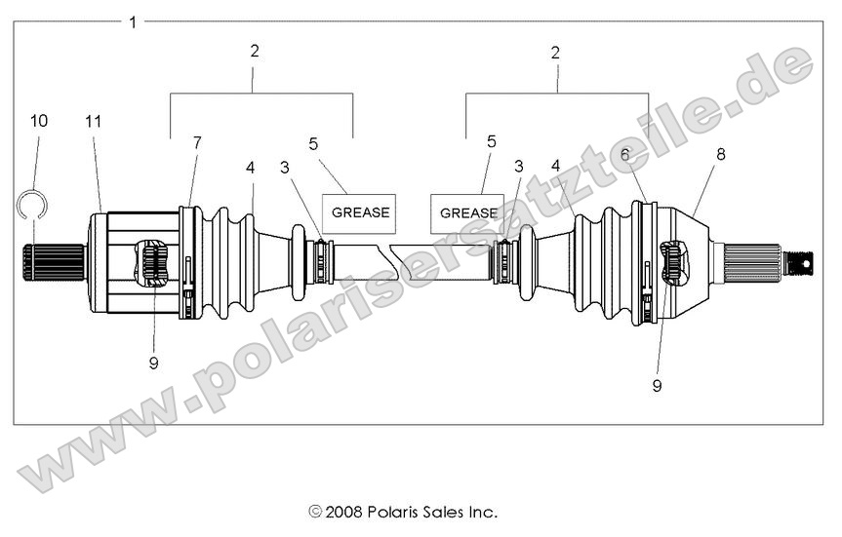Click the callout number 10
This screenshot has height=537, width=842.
click(x=38, y=122)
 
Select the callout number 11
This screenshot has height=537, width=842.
click(x=94, y=122)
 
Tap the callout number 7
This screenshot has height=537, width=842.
click(x=197, y=143)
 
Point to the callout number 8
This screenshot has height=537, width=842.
click(x=721, y=153)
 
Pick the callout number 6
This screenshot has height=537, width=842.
click(x=624, y=153)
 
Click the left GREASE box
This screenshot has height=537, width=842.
click(x=360, y=211)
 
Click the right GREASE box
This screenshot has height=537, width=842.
click(x=467, y=212)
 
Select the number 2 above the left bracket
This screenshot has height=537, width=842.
click(x=255, y=52)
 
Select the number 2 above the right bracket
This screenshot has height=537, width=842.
click(x=555, y=53)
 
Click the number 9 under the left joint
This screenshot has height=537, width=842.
click(x=154, y=363)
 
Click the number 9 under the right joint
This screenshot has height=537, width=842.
click(x=657, y=385)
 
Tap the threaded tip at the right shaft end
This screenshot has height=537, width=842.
click(x=800, y=262)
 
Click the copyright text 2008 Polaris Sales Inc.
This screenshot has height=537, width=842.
click(x=403, y=511)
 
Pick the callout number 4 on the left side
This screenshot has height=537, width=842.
click(x=251, y=168)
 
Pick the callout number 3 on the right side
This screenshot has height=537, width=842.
click(x=519, y=167)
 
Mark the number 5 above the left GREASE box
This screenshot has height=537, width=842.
click(x=313, y=144)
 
